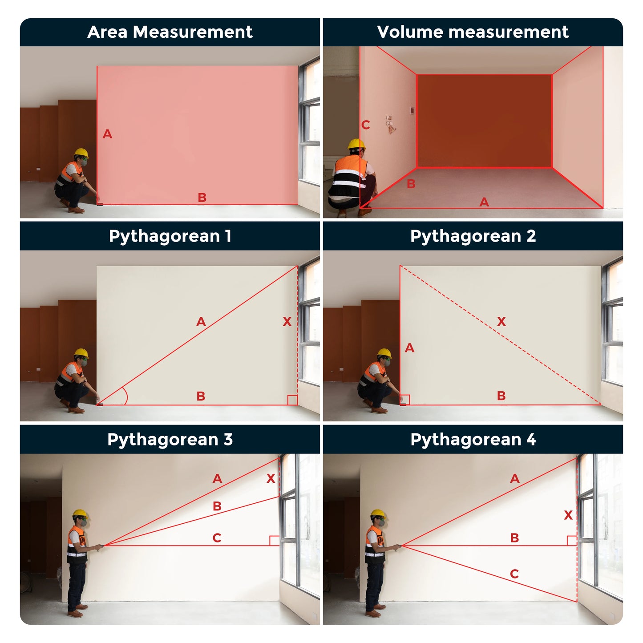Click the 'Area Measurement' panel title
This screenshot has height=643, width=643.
pyautogui.click(x=170, y=32)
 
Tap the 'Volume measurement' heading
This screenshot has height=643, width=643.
pyautogui.click(x=473, y=32)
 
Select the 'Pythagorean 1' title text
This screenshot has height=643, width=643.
pyautogui.click(x=170, y=236)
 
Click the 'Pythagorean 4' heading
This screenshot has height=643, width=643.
pyautogui.click(x=473, y=440)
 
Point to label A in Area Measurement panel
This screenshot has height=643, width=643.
pyautogui.click(x=107, y=134)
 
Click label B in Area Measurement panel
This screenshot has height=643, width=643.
pyautogui.click(x=202, y=197)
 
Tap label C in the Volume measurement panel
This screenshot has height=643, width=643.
pyautogui.click(x=365, y=125)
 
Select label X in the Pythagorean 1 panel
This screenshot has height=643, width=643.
pyautogui.click(x=287, y=321)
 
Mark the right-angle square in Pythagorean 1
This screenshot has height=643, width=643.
pyautogui.click(x=293, y=400)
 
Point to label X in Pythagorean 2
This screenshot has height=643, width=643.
pyautogui.click(x=501, y=321)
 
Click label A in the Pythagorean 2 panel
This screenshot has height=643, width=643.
pyautogui.click(x=409, y=348)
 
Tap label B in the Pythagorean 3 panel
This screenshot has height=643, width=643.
pyautogui.click(x=217, y=506)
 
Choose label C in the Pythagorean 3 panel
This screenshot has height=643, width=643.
pyautogui.click(x=217, y=538)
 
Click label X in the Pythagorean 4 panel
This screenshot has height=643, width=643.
pyautogui.click(x=568, y=515)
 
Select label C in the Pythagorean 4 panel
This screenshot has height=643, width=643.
pyautogui.click(x=514, y=574)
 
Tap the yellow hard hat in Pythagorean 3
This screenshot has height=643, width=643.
pyautogui.click(x=81, y=514)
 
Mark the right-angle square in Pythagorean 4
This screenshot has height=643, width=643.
pyautogui.click(x=572, y=541)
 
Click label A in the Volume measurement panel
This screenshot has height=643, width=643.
pyautogui.click(x=484, y=202)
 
